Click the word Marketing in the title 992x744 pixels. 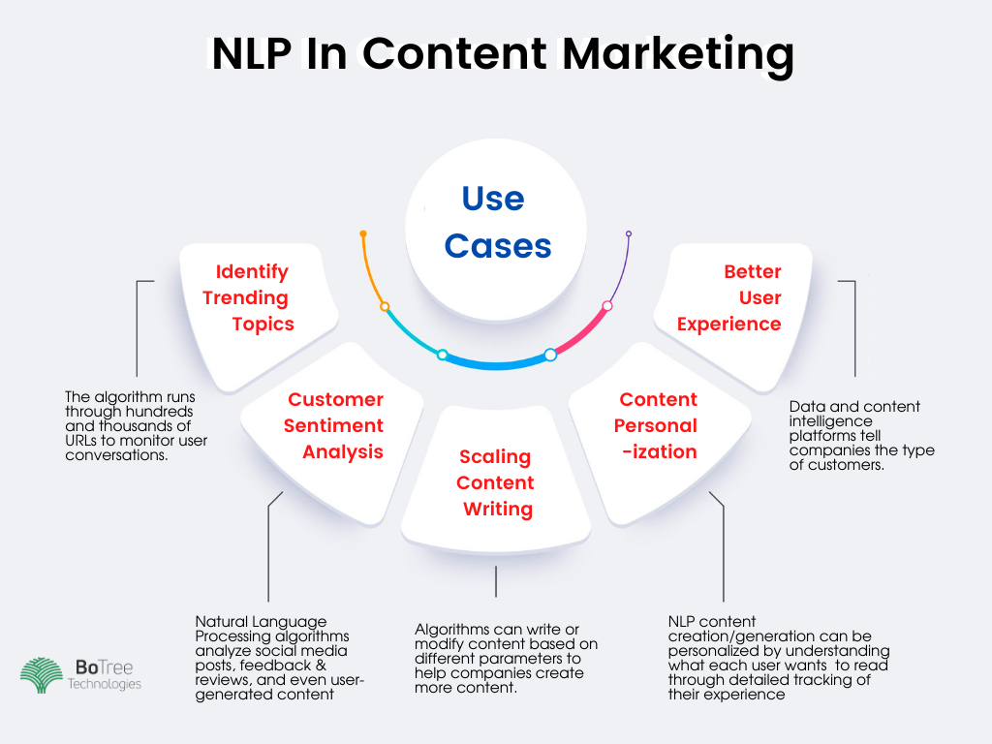point(677,55)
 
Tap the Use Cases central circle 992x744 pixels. point(496,229)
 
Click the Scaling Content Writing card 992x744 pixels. point(496,480)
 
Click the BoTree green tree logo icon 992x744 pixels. point(42,675)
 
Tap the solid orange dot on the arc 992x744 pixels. point(363,234)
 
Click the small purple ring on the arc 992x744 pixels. point(628,234)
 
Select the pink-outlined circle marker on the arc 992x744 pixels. point(607,306)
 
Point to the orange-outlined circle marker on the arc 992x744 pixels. point(385,307)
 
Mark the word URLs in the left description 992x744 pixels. point(81,441)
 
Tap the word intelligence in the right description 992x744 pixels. point(830,421)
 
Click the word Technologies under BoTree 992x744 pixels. point(105,684)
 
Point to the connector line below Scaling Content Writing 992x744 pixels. point(496,581)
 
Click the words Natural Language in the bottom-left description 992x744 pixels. point(261,622)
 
